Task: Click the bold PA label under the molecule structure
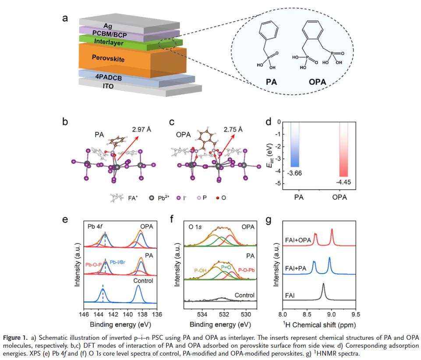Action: coord(272,82)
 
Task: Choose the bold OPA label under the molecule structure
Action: coord(321,82)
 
